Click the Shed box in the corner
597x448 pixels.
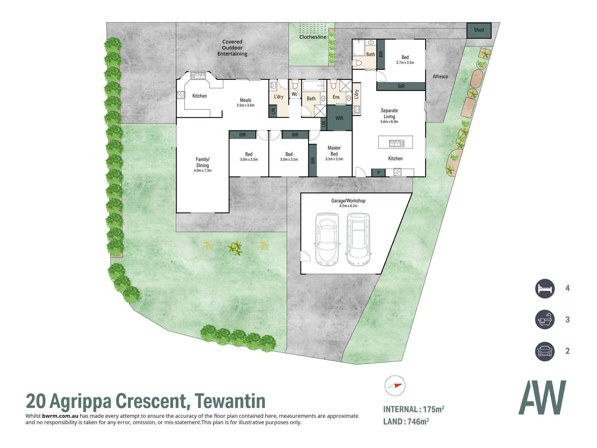(479, 30)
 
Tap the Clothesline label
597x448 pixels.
(313, 37)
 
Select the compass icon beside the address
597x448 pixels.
(395, 386)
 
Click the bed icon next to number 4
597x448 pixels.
(545, 289)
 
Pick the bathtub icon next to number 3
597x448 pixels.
(545, 320)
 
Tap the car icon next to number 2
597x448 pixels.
(545, 351)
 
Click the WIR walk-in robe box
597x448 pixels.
(339, 118)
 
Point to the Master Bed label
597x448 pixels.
(334, 151)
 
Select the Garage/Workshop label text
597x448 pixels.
(348, 201)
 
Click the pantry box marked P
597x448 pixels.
(378, 173)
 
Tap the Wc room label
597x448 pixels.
(294, 94)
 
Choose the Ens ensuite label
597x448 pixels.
(336, 97)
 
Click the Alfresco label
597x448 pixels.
(440, 76)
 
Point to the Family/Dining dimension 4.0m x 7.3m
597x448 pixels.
(203, 171)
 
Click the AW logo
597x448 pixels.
(542, 397)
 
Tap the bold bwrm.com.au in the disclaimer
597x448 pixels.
(60, 416)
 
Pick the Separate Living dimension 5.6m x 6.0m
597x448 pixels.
(389, 122)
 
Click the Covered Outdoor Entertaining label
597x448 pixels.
(232, 48)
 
